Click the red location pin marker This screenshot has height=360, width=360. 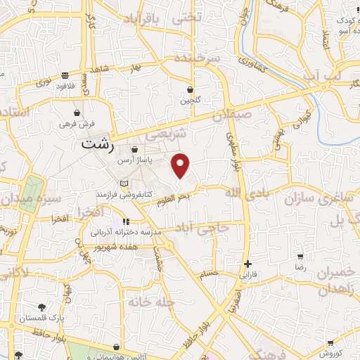pos(181,165)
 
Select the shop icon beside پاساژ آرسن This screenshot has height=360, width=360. pos(136,149)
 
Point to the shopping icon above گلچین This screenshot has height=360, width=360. pos(190,89)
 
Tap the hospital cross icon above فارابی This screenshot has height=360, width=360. pos(247,264)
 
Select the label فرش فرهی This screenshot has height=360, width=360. pos(77,122)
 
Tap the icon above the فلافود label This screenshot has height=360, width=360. pos(65,75)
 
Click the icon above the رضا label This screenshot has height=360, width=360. pos(300,257)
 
